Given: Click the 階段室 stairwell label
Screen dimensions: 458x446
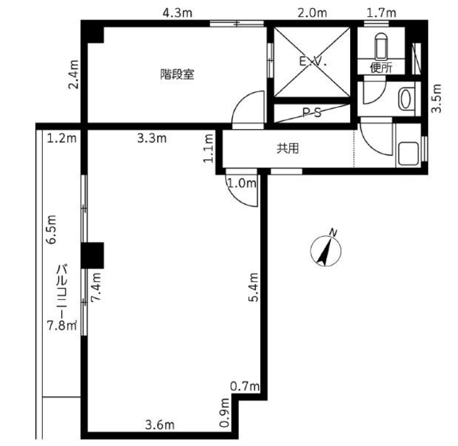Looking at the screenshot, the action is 177,74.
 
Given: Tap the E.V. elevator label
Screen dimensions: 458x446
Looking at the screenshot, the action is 312,61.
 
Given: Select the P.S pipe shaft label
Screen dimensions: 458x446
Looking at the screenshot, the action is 312,112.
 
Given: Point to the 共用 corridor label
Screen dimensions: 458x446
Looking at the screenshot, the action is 288,149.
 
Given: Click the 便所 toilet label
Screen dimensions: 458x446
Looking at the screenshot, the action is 381,68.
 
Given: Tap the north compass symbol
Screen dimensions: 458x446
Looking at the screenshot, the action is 326,249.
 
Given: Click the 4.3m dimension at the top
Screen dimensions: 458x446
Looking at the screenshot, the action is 177,13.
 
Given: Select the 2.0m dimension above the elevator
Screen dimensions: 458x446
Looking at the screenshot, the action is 312,13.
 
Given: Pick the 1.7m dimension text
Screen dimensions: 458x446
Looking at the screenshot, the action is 381,13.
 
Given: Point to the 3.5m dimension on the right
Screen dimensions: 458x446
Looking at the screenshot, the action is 437,99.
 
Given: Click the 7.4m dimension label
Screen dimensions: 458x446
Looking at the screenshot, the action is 96,287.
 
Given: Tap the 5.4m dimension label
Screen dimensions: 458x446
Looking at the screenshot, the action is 254,287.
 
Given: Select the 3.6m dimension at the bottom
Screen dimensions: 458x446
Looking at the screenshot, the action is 159,425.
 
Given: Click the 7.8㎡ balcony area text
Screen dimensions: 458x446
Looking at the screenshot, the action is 62,325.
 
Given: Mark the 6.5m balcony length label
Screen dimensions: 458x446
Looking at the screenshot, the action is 52,230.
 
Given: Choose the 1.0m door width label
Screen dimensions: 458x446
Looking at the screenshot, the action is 242,184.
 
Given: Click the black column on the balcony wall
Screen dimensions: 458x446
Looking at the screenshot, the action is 92,256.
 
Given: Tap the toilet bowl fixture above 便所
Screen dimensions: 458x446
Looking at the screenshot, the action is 381,47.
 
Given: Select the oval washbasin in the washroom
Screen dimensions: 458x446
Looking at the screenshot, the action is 405,99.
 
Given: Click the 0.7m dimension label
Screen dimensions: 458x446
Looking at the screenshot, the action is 245,386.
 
